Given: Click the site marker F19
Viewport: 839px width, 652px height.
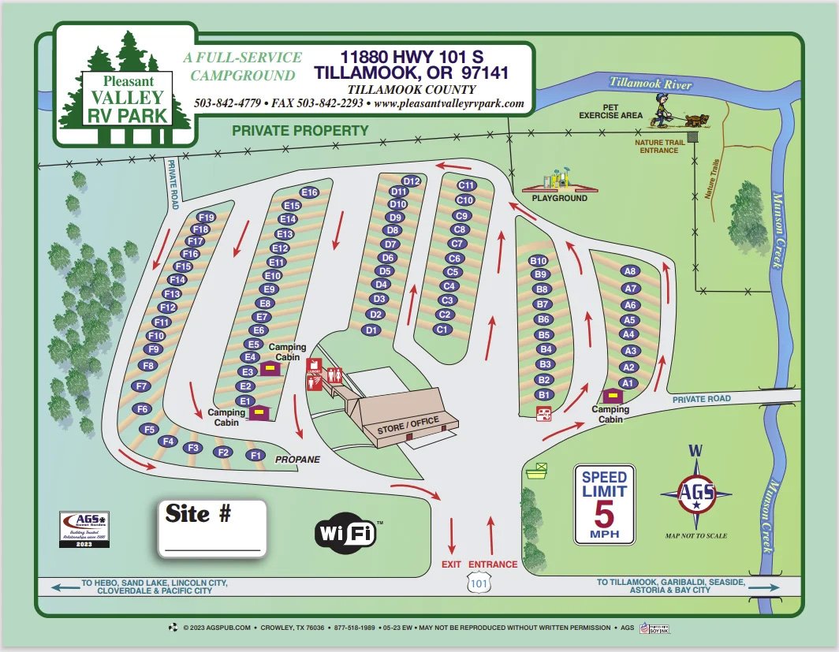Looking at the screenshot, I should coord(207,217).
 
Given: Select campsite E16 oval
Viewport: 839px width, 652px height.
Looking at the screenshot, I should coord(309,192).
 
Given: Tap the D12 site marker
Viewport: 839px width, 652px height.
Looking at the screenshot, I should coord(412,181).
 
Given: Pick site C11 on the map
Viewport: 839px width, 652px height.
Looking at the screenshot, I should coord(467,185).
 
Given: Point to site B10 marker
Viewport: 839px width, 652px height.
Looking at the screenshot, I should coord(539,261).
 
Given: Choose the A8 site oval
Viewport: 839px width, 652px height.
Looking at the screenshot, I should coord(630,270).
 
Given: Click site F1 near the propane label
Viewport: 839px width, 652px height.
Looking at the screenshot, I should coord(255,455).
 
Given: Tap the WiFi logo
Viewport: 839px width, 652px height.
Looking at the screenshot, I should coord(347,534).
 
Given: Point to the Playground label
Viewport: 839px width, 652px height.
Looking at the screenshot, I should coord(559,198).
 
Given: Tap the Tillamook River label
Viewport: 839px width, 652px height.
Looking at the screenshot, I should coord(651,84).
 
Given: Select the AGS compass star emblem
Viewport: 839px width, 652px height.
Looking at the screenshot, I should coord(695,494).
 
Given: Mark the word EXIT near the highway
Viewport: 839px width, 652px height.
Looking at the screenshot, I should coord(451,564).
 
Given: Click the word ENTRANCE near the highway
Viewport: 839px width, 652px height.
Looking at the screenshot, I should coord(493,564).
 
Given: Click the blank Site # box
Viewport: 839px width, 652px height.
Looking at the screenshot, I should coord(211,528).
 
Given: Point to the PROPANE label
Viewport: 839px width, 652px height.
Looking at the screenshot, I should coord(297,460).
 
